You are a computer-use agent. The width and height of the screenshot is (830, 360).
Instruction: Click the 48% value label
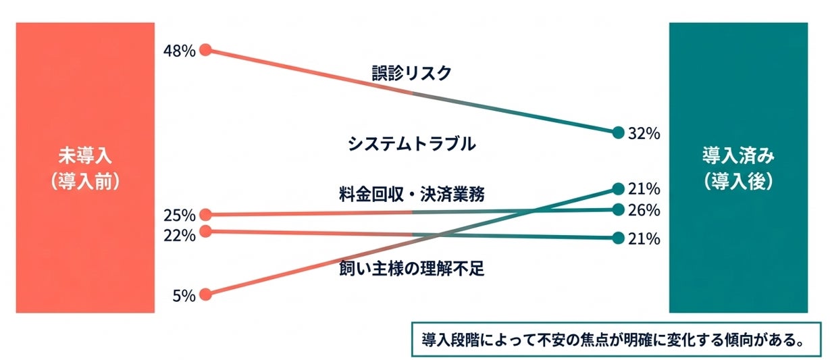click(179, 51)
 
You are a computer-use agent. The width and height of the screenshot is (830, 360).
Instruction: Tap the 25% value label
click(179, 216)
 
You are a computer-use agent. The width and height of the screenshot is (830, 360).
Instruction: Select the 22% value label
click(179, 235)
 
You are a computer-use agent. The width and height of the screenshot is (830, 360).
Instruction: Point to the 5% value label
click(184, 295)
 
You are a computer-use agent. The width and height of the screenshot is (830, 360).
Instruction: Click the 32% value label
click(643, 133)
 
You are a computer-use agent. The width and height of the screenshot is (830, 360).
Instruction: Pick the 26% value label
click(643, 211)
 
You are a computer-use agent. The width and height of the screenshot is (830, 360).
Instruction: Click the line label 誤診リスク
click(411, 74)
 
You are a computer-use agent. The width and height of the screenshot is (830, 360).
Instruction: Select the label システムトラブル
click(411, 144)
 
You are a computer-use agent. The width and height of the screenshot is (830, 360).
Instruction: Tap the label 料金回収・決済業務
click(411, 194)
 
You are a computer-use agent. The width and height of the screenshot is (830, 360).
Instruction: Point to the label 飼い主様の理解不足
click(411, 269)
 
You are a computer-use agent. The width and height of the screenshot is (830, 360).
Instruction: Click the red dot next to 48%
click(206, 49)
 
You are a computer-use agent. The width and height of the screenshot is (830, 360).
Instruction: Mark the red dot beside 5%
click(206, 294)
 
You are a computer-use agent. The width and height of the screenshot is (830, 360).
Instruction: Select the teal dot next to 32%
click(617, 132)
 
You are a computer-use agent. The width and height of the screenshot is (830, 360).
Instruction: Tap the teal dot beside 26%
click(617, 210)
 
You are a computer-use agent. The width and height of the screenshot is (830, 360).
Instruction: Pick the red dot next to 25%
click(206, 215)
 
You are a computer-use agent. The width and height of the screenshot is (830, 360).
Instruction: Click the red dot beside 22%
click(206, 231)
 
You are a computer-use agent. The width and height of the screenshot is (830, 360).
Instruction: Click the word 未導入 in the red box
click(84, 157)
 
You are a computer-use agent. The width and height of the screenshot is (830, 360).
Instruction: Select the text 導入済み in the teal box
click(738, 157)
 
